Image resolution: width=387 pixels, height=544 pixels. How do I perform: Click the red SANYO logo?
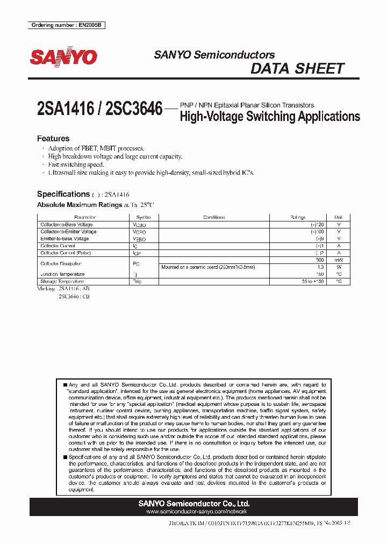click(63, 57)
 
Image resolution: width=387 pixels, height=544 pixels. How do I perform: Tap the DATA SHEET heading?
click(297, 69)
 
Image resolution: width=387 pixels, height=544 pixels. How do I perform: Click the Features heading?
click(53, 138)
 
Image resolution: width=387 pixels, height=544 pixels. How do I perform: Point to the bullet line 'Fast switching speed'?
click(76, 164)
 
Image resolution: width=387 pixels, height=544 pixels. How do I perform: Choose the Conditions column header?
click(214, 217)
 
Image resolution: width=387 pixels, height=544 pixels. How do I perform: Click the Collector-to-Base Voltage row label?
click(67, 224)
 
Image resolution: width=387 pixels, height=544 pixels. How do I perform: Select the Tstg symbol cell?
click(137, 281)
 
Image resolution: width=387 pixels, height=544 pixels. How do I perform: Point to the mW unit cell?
click(338, 260)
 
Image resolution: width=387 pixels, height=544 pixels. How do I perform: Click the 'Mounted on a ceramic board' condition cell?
click(208, 267)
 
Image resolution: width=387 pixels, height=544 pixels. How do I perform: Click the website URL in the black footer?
click(193, 512)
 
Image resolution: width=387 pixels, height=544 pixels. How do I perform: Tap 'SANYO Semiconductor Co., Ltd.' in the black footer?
click(193, 504)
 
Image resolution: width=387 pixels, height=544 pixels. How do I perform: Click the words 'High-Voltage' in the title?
click(211, 117)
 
